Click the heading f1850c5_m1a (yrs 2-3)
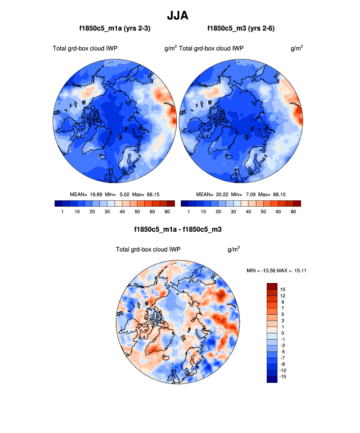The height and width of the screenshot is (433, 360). coord(115,29)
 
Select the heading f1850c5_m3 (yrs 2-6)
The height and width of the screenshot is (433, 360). coord(241,29)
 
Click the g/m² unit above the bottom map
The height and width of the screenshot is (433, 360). coord(234,249)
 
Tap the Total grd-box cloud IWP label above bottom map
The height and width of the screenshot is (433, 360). coord(148,249)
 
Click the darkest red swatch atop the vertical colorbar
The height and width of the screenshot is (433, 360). coord(272,287)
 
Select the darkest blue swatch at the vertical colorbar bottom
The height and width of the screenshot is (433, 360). coord(272,379)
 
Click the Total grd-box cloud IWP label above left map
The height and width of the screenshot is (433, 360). coord(85,48)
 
